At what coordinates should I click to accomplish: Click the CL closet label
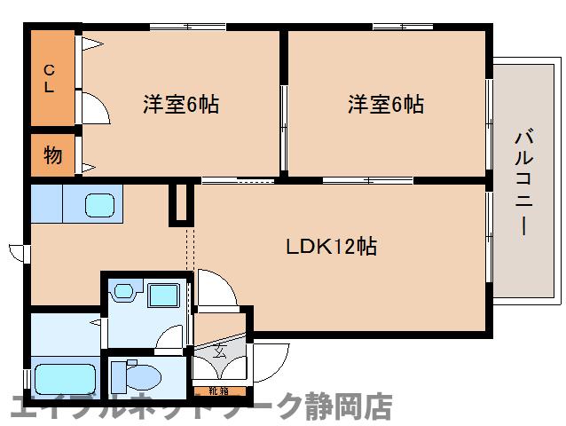[50, 78]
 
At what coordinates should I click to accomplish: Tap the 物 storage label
[53, 156]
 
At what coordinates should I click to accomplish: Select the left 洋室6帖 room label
[181, 105]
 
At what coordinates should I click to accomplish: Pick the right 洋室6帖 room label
[385, 105]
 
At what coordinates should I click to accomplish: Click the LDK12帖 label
[330, 246]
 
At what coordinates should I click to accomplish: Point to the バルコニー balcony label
[523, 183]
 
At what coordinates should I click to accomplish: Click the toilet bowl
[142, 376]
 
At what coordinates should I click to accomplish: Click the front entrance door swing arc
[270, 359]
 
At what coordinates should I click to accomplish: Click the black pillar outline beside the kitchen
[181, 204]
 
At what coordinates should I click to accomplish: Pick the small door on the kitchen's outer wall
[17, 250]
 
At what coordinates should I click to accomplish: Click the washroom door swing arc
[170, 338]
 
